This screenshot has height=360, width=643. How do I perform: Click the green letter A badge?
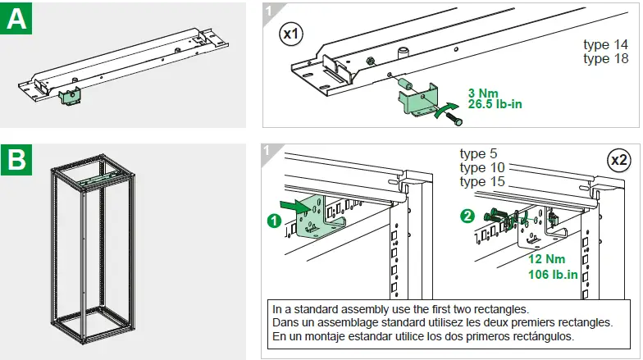pyautogui.click(x=16, y=19)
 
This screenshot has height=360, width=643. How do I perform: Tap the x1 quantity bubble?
pyautogui.click(x=291, y=34)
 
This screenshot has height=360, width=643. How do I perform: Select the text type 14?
pyautogui.click(x=605, y=45)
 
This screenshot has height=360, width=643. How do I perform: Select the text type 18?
pyautogui.click(x=605, y=58)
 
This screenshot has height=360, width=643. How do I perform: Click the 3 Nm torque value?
pyautogui.click(x=485, y=93)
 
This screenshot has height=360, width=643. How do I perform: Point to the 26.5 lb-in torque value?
pyautogui.click(x=495, y=104)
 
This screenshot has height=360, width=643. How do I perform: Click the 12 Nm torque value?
pyautogui.click(x=546, y=260)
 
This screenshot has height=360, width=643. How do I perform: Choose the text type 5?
pyautogui.click(x=479, y=154)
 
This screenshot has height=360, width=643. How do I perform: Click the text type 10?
pyautogui.click(x=482, y=167)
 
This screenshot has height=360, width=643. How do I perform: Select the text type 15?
pyautogui.click(x=482, y=181)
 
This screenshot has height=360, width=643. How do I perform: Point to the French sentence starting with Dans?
pyautogui.click(x=442, y=322)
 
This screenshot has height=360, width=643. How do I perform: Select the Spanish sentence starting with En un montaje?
pyautogui.click(x=422, y=336)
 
